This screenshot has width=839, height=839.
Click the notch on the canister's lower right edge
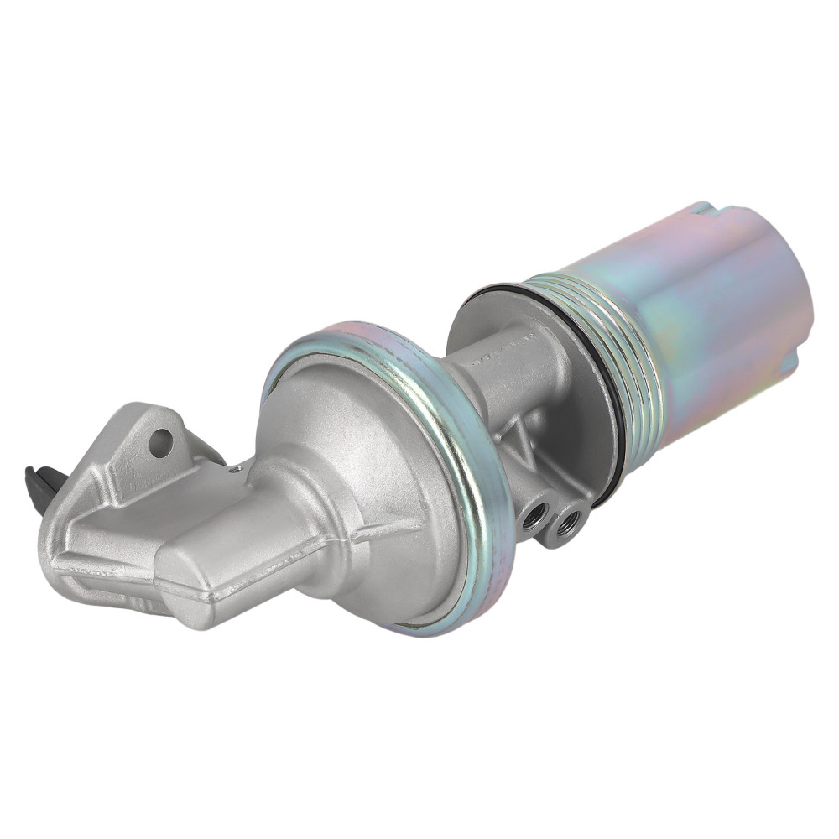(x=793, y=361)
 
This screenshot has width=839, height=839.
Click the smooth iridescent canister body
(x=696, y=319)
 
